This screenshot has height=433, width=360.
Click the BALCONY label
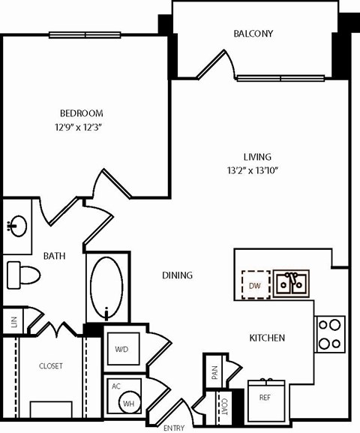pos(253,34)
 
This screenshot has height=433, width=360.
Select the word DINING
pos(177,275)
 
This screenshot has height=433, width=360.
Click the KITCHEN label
pos(266,338)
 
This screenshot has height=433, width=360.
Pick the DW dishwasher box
pos(255,285)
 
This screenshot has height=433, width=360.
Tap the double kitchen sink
pos(291,284)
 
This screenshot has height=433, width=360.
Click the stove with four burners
pos(330,334)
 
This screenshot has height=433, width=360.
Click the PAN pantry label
pos(214,373)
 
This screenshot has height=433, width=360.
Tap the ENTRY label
pos(174,427)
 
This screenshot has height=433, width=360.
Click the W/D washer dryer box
pos(121,349)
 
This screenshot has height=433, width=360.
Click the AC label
pos(115,386)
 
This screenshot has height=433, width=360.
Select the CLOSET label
pos(50,365)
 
